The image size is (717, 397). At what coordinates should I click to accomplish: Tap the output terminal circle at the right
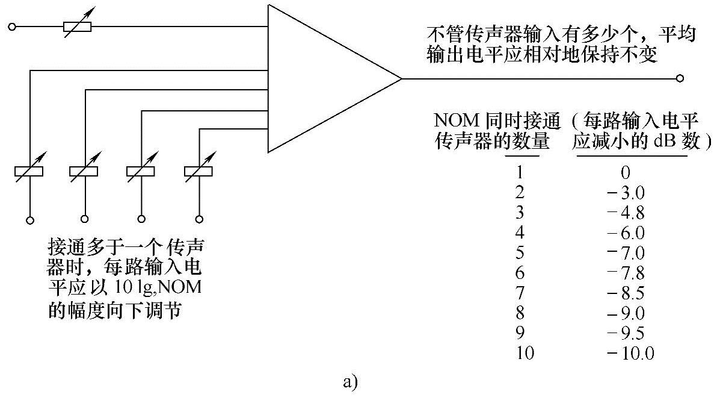tap(680, 78)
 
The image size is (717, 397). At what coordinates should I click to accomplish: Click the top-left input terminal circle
tap(11, 27)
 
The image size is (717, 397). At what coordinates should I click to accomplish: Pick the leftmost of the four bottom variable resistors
tap(28, 172)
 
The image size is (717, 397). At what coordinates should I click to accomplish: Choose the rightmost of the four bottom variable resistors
tap(198, 172)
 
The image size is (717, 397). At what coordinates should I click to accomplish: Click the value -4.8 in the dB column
tap(626, 213)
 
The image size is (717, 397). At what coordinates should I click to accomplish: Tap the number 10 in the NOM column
tap(525, 353)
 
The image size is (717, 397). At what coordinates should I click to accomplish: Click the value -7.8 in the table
tap(626, 273)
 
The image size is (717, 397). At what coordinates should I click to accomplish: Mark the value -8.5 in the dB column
tap(626, 293)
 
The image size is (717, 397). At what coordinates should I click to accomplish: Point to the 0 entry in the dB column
tap(626, 173)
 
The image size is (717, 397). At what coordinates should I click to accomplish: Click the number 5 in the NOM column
tap(520, 252)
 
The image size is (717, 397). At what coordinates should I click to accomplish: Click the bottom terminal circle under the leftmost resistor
tap(28, 219)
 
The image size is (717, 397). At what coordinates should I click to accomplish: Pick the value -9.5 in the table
tap(626, 333)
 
